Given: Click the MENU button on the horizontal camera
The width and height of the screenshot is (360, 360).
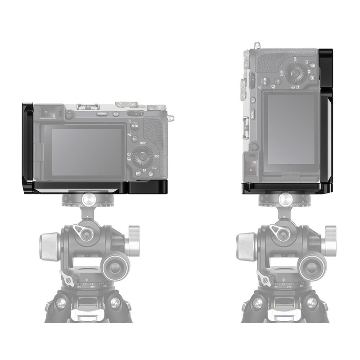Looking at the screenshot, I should point(102,114).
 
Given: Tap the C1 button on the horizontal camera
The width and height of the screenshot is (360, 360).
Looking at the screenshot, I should point(116,114).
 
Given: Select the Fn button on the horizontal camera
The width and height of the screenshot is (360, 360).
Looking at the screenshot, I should point(135,139).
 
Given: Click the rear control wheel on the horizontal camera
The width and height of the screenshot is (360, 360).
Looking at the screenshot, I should point(143,156).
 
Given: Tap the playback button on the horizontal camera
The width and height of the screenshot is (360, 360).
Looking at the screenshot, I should point(138,173).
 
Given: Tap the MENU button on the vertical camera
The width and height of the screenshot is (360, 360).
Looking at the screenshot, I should point(253,113).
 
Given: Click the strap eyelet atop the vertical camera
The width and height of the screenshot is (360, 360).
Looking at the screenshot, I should point(257,45).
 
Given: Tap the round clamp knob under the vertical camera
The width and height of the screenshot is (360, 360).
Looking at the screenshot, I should point(285,198).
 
